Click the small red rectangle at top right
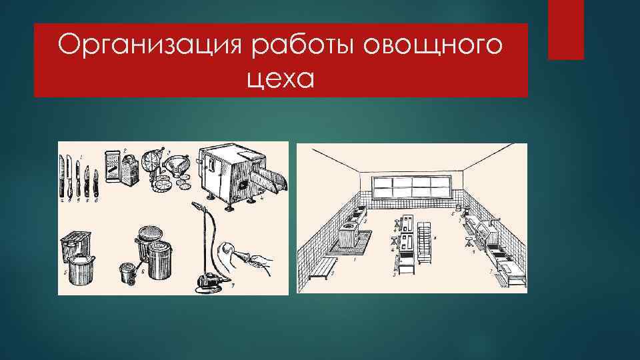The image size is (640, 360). pyautogui.click(x=565, y=29)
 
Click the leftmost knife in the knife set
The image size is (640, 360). pyautogui.click(x=63, y=175)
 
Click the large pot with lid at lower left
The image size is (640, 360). pyautogui.click(x=83, y=269)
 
